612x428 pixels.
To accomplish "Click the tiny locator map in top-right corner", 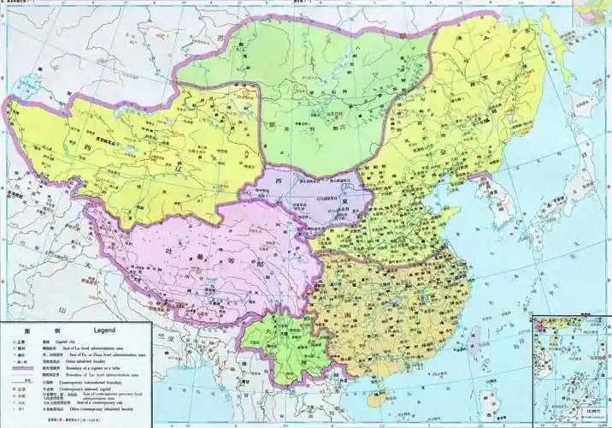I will coord(595,12).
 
